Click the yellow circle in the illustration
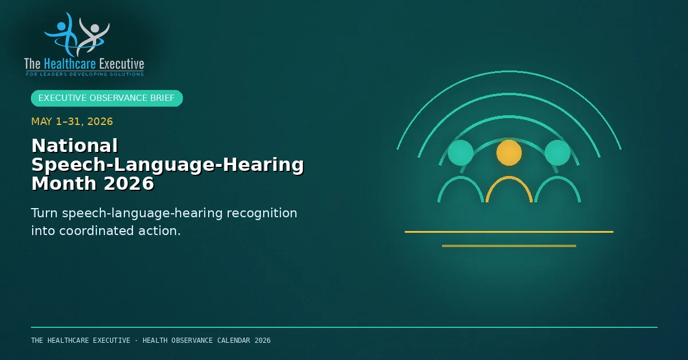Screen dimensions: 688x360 (x=509, y=152)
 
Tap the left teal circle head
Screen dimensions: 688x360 (x=460, y=152)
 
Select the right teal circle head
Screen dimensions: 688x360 (x=557, y=152)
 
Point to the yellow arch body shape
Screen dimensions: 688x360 (x=509, y=177)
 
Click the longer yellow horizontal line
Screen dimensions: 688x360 (x=509, y=232)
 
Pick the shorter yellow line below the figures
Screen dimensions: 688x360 (x=509, y=246)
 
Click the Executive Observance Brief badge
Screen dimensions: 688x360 (x=107, y=98)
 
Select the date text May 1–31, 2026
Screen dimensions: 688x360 (x=72, y=122)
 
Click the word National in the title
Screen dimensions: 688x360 (x=75, y=145)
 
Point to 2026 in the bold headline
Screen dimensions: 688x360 (x=128, y=183)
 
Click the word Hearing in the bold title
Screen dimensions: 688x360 (x=263, y=165)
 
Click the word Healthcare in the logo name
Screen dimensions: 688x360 (x=70, y=64)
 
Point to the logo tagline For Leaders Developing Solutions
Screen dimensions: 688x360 (x=84, y=74)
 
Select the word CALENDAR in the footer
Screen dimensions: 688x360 (x=234, y=341)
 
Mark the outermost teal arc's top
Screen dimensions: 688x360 (x=509, y=72)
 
